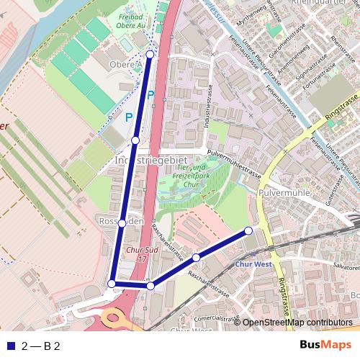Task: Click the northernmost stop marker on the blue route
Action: click(x=150, y=54)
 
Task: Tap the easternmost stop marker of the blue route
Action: click(x=248, y=230)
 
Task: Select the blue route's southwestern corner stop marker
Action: click(x=112, y=284)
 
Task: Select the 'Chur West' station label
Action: click(x=251, y=264)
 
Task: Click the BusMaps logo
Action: click(x=326, y=345)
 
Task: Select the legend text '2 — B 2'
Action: click(x=41, y=346)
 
